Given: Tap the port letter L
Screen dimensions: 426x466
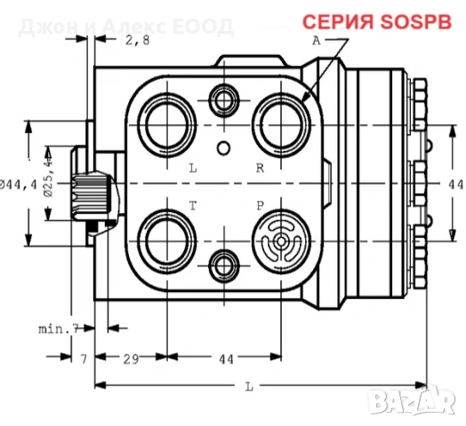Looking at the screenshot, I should click(x=192, y=167).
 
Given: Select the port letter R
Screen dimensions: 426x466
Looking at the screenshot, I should click(x=260, y=167).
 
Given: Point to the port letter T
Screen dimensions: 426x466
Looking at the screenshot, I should click(x=192, y=205).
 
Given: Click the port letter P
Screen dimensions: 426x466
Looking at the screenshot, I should click(x=261, y=205).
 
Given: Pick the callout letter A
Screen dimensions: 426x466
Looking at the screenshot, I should click(x=316, y=41).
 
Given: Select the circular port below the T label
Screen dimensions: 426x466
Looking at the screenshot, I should click(x=167, y=240).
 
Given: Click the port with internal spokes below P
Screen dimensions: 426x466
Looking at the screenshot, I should click(x=282, y=241).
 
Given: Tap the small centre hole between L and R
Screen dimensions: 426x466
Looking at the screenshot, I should click(x=225, y=147).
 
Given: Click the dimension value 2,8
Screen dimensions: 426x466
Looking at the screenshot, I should click(x=138, y=40).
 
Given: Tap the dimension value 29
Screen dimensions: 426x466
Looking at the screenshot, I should click(x=130, y=359).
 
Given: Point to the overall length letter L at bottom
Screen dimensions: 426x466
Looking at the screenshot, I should click(x=250, y=386).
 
